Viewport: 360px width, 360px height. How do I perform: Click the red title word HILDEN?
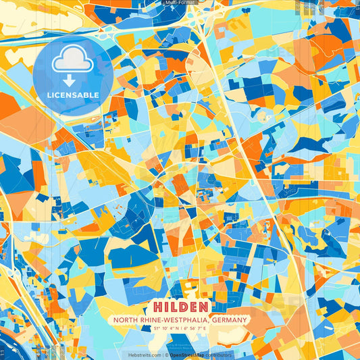[180, 306]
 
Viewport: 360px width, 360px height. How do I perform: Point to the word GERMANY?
[230, 320]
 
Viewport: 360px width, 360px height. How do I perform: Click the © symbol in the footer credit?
[165, 355]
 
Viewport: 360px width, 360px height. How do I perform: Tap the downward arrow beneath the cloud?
[70, 80]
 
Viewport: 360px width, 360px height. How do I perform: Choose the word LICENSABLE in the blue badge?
[72, 95]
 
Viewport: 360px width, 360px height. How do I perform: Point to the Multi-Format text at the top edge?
[180, 3]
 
